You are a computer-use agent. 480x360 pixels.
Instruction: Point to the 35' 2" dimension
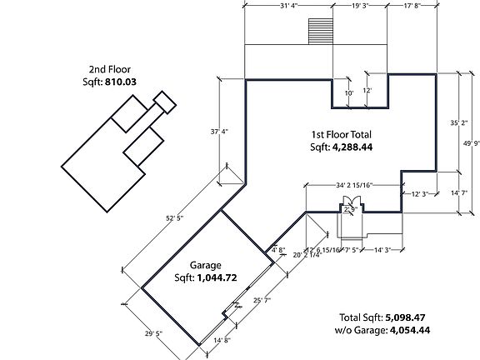pos(457,122)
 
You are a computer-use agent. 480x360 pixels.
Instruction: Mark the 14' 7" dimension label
pos(457,193)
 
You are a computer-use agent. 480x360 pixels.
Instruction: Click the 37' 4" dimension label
pos(219,132)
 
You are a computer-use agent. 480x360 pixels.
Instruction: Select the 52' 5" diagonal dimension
pos(173,218)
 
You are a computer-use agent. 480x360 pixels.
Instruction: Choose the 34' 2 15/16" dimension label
pos(353,185)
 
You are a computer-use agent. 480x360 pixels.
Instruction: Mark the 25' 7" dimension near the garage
pos(263,299)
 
